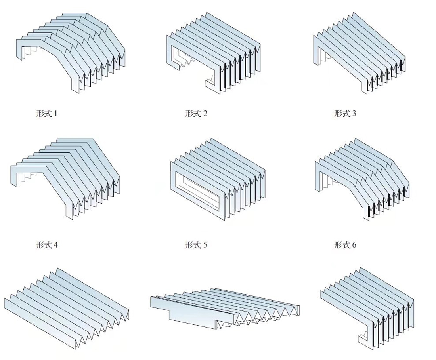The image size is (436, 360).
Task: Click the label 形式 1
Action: (47, 114)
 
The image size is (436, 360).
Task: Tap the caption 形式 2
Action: (196, 114)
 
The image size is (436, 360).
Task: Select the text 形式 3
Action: (345, 114)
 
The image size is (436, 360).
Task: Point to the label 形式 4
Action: (47, 245)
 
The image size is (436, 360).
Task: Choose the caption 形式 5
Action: (196, 245)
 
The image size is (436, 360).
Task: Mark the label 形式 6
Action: (345, 245)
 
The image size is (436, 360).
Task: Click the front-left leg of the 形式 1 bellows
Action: (19, 50)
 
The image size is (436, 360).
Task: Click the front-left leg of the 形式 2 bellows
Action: (169, 51)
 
